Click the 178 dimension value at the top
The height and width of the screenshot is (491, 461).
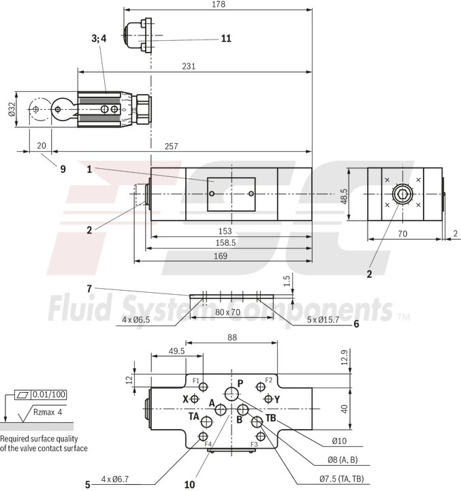(218, 4)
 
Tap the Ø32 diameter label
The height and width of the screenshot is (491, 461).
(12, 110)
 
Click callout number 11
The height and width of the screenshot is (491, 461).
(225, 39)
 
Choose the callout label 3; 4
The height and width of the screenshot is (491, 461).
(99, 39)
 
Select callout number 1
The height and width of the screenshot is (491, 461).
(89, 168)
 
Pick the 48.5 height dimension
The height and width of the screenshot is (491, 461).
(344, 197)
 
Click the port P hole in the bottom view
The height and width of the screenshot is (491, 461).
(232, 393)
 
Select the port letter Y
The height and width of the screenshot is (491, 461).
(277, 398)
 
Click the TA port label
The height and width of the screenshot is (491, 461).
(194, 416)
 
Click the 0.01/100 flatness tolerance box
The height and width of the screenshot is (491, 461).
(48, 394)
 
